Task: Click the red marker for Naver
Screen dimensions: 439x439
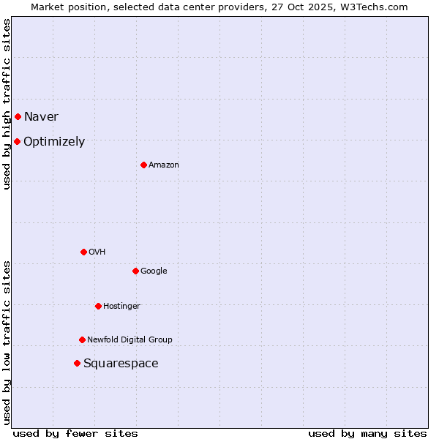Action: [x=18, y=116]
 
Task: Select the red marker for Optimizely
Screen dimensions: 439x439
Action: [x=17, y=141]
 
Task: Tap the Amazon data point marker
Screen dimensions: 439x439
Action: [x=143, y=165]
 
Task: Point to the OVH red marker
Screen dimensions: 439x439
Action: [x=83, y=252]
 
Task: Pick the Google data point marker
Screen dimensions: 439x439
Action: [x=135, y=271]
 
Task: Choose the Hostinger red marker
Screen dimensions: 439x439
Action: [x=98, y=306]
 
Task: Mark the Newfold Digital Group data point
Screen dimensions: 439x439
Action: [x=82, y=339]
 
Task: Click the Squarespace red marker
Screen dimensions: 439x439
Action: [x=77, y=363]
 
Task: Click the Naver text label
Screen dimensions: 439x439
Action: [x=41, y=117]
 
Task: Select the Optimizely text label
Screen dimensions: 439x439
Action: [x=54, y=142]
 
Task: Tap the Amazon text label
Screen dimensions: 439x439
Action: [x=164, y=165]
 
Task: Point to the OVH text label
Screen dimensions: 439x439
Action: [x=97, y=252]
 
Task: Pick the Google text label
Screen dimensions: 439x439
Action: [x=154, y=271]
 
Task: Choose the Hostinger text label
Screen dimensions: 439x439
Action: [x=121, y=307]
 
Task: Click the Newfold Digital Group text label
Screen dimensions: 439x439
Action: [x=130, y=340]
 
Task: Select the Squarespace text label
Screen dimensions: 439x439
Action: [x=121, y=364]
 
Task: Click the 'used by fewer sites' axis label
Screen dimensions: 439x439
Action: [x=75, y=433]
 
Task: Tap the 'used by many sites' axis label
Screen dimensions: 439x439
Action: [x=367, y=433]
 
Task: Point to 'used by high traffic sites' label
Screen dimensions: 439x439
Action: [x=7, y=104]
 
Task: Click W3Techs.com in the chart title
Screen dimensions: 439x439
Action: [x=372, y=7]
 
